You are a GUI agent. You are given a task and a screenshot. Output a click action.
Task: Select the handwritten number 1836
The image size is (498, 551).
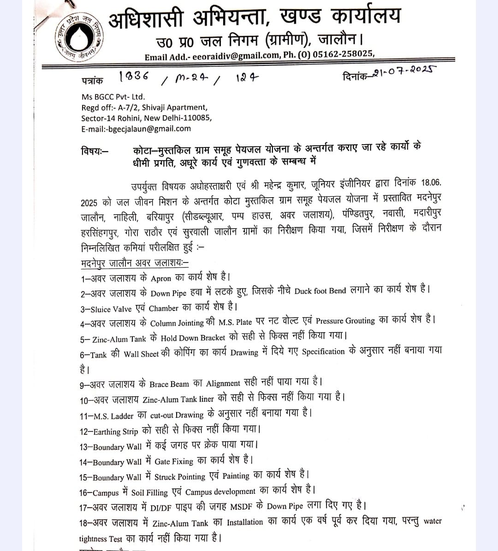134,76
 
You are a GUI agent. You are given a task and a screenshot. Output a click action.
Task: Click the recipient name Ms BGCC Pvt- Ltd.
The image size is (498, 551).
113,97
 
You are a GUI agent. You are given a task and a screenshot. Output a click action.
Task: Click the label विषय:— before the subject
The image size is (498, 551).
95,151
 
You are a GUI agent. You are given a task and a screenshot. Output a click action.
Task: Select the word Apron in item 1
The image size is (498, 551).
161,278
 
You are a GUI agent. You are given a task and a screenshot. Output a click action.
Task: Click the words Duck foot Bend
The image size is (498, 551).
320,291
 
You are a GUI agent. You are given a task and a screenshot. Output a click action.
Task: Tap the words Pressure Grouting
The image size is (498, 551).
345,321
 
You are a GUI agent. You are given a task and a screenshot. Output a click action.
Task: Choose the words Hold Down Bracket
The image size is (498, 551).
193,338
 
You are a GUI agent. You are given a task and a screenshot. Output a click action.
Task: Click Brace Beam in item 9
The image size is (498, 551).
169,384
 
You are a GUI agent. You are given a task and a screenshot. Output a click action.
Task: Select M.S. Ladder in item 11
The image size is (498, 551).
113,416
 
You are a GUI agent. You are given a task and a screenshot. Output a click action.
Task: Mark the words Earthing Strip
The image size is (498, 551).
115,432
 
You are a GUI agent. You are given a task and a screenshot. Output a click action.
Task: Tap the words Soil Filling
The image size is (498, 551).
149,492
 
